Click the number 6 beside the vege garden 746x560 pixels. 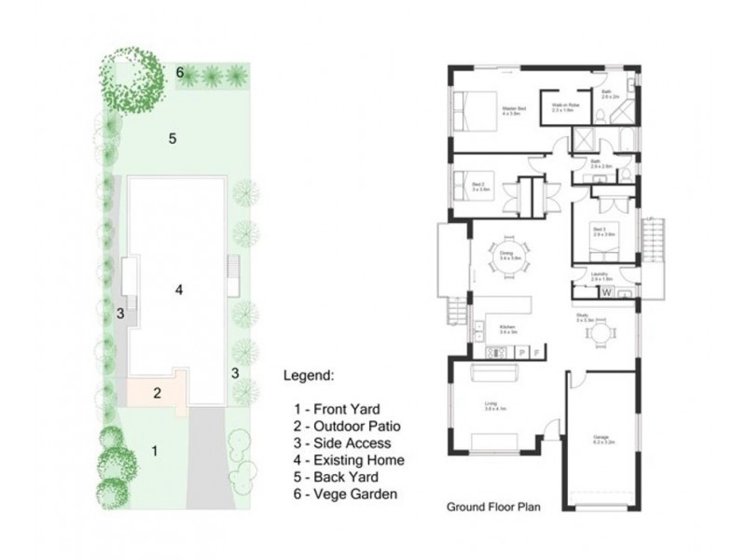[x=181, y=72]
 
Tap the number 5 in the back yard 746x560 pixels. [x=173, y=139]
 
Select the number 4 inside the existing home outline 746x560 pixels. [x=178, y=290]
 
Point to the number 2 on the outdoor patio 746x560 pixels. [x=159, y=392]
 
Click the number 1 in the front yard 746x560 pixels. [x=155, y=451]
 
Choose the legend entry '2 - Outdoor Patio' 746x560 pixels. [x=343, y=427]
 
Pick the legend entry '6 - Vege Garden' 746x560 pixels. [x=344, y=494]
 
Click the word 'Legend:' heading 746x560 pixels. [x=308, y=376]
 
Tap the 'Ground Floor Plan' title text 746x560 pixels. [x=495, y=509]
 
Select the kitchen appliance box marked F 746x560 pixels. [x=535, y=351]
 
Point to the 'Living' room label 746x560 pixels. [x=490, y=404]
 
